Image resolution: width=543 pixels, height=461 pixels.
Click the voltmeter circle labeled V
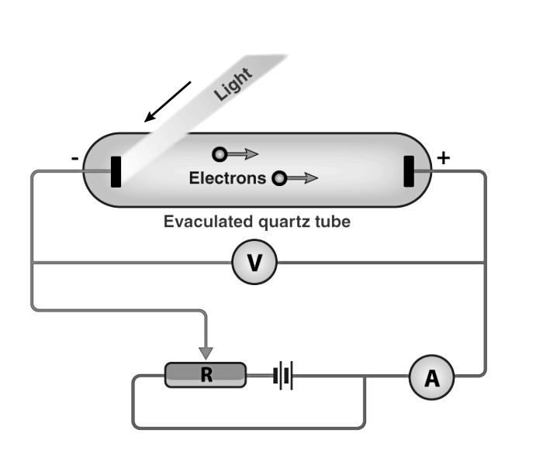(254, 263)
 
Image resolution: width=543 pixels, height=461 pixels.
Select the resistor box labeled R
(206, 375)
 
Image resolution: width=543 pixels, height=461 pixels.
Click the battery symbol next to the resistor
(284, 377)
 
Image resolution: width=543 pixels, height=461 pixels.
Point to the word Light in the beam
(234, 84)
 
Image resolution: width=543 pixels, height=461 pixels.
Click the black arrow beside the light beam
(167, 100)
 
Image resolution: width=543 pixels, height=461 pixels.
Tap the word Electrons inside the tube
(227, 179)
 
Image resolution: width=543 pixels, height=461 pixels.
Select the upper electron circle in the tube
(221, 153)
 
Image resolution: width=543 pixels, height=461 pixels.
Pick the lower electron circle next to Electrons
(278, 179)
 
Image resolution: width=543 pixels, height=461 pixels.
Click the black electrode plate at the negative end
(116, 171)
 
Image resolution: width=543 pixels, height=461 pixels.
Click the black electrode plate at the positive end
(409, 171)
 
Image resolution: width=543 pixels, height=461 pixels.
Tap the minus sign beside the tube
(74, 159)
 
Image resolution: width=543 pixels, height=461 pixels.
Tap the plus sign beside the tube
(443, 157)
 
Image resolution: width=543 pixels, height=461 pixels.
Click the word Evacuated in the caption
(200, 222)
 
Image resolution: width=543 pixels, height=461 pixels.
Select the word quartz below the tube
(280, 222)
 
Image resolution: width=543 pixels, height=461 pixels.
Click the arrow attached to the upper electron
(244, 154)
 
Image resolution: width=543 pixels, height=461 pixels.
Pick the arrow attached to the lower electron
(304, 179)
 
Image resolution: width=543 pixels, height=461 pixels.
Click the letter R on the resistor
(206, 376)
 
